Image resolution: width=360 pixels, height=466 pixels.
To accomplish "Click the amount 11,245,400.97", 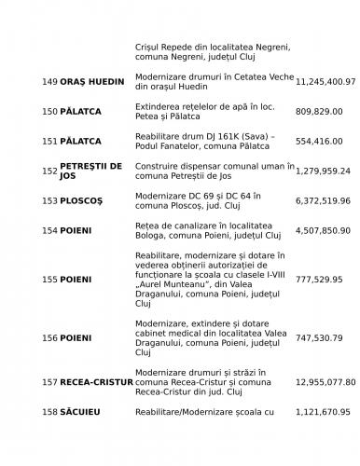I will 325,82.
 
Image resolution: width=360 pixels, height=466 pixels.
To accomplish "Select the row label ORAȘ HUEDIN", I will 91,82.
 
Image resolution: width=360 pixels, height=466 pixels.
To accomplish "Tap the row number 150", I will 49,112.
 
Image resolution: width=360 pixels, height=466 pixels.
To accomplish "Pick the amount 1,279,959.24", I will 323,171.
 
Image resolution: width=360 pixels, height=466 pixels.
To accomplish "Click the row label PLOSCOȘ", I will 84,200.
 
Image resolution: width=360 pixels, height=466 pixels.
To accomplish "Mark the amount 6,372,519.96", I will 323,200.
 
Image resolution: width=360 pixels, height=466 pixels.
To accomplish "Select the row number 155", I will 49,279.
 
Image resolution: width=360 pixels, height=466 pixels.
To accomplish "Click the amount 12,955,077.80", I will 325,382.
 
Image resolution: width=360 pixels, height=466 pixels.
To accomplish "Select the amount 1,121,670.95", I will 323,411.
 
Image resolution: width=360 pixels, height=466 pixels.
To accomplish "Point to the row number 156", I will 49,337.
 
